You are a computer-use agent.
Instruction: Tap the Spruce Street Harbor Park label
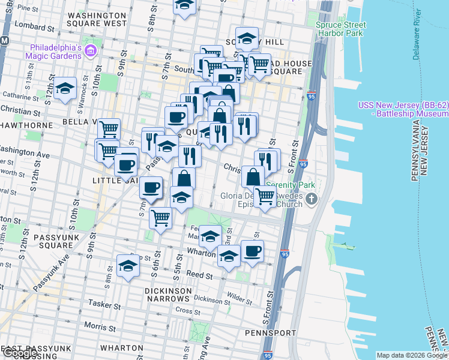pos(340,29)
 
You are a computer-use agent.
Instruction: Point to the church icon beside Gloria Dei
pos(310,199)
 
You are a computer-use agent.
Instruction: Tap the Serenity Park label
pos(291,185)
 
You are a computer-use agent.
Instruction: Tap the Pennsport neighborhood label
pos(270,332)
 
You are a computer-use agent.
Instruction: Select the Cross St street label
pos(188,311)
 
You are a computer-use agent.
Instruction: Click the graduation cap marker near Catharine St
pos(65,89)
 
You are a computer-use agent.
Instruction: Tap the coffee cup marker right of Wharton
pos(252,251)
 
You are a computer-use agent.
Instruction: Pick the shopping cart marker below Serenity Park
pos(265,196)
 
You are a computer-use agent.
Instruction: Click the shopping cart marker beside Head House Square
pos(259,64)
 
